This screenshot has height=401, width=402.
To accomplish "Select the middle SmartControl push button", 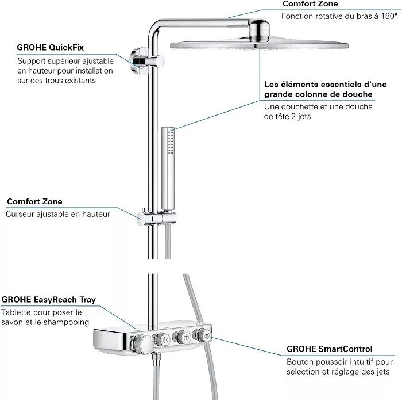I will tap(183, 338).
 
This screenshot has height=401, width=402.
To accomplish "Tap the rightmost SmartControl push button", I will tap(204, 336).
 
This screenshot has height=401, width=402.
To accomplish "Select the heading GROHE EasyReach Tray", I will tap(48, 300).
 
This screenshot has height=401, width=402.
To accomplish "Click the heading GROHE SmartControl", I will tap(329, 349).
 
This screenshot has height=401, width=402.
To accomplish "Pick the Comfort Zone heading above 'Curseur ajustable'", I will tap(34, 202).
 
